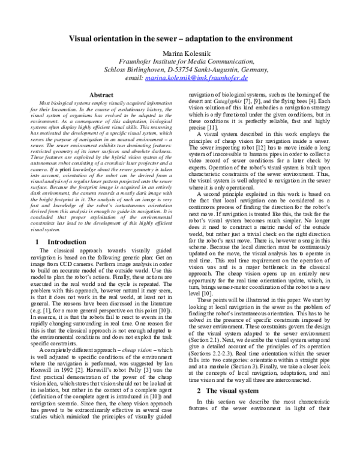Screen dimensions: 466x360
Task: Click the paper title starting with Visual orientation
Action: coord(180,38)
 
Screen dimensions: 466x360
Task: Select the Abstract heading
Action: coord(101,95)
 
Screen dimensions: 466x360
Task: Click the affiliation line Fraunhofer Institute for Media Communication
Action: coord(179,61)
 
